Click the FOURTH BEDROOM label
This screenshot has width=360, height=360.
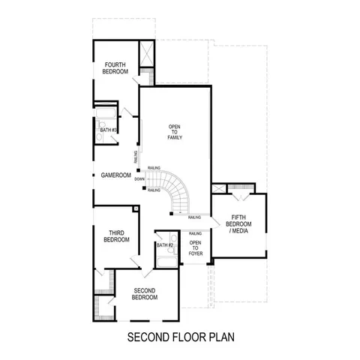point(115,68)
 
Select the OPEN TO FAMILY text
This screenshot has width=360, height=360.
point(175,132)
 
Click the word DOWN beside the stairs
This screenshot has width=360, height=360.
point(139,179)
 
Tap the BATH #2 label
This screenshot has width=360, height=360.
point(165,245)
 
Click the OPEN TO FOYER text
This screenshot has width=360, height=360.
point(195,248)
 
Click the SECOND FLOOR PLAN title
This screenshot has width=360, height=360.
point(179,335)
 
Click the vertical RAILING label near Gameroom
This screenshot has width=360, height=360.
point(136,156)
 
